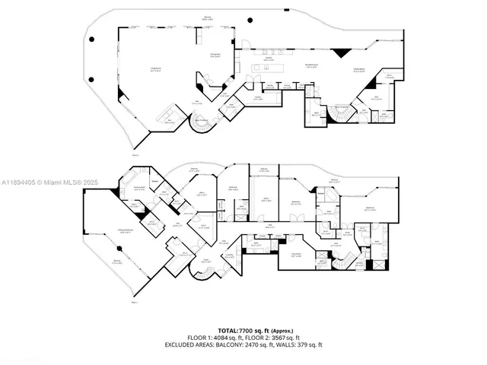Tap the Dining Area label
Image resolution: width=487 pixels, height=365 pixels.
click(x=215, y=55)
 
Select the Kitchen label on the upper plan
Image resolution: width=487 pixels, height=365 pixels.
click(x=268, y=58)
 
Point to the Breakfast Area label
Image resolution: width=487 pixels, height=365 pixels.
click(x=311, y=65)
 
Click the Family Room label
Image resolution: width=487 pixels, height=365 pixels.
click(x=358, y=70)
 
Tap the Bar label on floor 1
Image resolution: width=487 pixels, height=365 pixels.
click(x=389, y=75)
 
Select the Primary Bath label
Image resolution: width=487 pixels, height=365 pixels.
click(x=139, y=187)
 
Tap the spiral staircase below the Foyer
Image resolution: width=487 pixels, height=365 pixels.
click(x=204, y=281)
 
